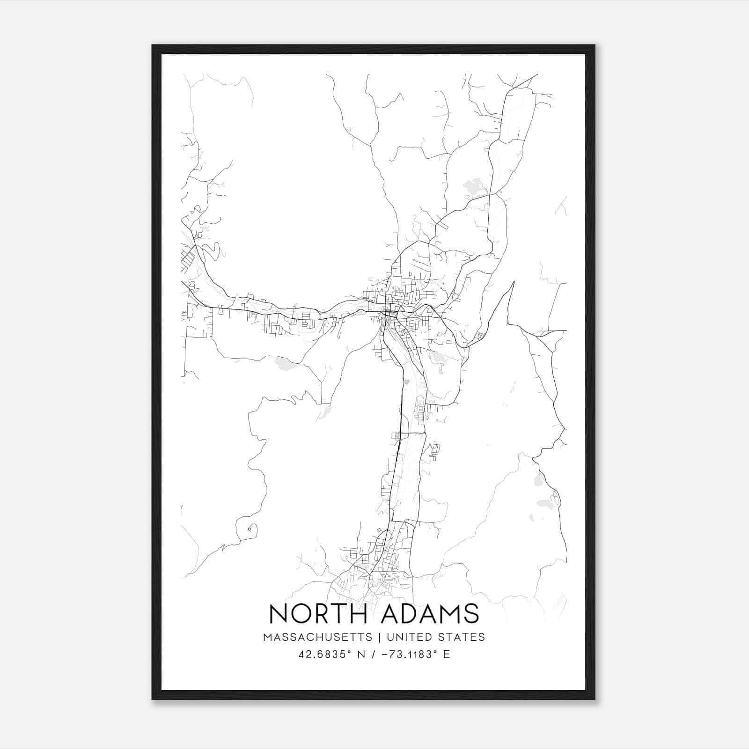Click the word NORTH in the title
319,613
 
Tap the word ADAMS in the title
430,613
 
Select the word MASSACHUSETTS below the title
318,637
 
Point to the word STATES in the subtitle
461,637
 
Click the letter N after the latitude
361,654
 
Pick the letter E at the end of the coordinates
446,654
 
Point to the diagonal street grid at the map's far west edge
188,259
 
